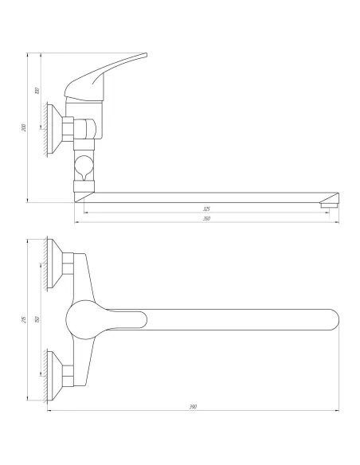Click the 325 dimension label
coord(206,209)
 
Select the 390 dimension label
coord(193,407)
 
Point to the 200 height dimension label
coord(24,127)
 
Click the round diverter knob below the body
coord(84,168)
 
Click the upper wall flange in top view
coord(57,264)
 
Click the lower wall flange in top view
coord(57,373)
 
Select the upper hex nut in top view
coord(71,264)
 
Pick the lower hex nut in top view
coord(71,373)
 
